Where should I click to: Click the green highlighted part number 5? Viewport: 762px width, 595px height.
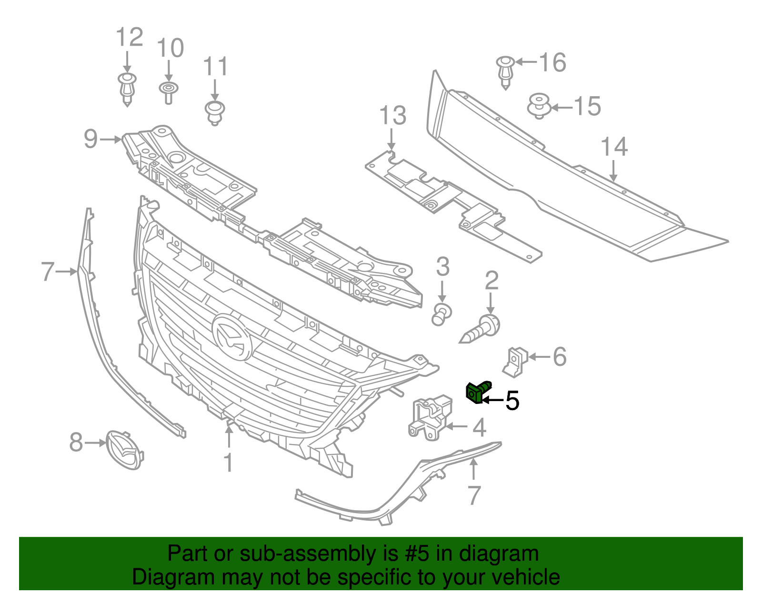(477, 392)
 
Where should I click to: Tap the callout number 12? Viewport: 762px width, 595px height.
(130, 37)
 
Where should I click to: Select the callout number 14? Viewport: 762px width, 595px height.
(614, 147)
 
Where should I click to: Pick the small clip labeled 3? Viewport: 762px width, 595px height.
(441, 314)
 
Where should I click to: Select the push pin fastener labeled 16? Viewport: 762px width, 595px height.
(505, 71)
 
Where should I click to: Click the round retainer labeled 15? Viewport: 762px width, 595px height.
(539, 105)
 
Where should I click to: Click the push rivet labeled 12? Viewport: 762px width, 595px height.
(127, 89)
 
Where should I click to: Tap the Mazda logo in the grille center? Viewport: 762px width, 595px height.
(232, 336)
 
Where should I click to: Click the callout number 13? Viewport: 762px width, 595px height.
(393, 116)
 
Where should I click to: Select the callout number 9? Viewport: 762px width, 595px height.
(90, 139)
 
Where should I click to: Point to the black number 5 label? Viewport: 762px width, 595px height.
(512, 401)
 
